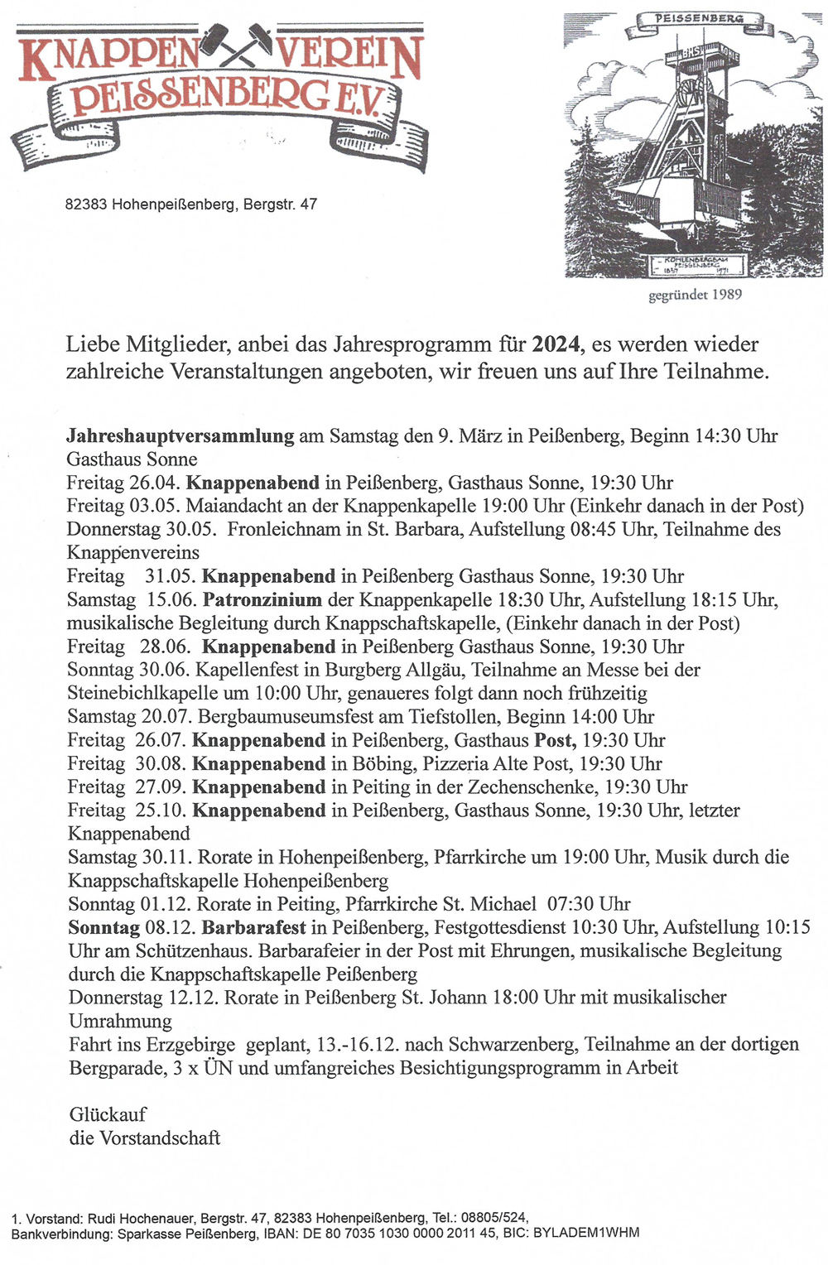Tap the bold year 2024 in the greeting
click(x=556, y=344)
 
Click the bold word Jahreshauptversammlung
click(x=180, y=435)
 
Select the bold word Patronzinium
click(x=262, y=599)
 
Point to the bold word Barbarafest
click(x=253, y=927)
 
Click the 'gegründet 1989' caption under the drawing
click(x=696, y=294)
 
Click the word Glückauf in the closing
click(x=108, y=1114)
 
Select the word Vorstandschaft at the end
click(x=160, y=1138)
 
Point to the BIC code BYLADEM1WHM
click(x=586, y=1233)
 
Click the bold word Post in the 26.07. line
click(x=554, y=740)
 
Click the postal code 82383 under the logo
click(x=86, y=204)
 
